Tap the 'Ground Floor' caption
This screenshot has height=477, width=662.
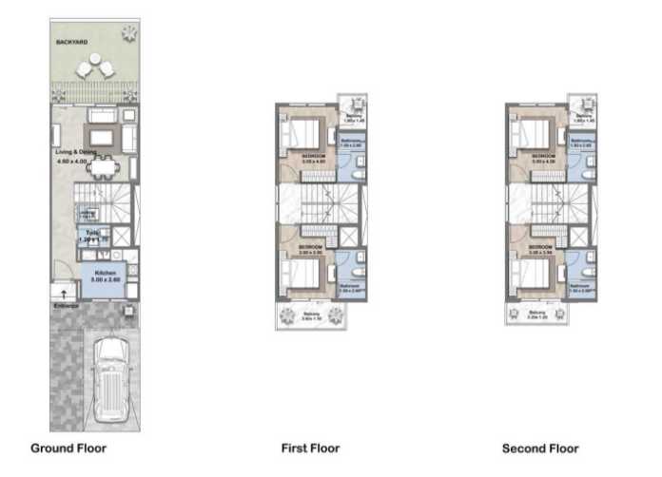(68, 448)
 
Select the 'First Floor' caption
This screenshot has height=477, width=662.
(310, 448)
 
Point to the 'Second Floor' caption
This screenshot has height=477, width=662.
(540, 448)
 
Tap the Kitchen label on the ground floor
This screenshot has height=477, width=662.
(105, 274)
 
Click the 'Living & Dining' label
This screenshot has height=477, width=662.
(75, 151)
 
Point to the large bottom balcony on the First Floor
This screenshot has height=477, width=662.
(307, 316)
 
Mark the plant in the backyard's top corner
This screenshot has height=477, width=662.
(127, 33)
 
